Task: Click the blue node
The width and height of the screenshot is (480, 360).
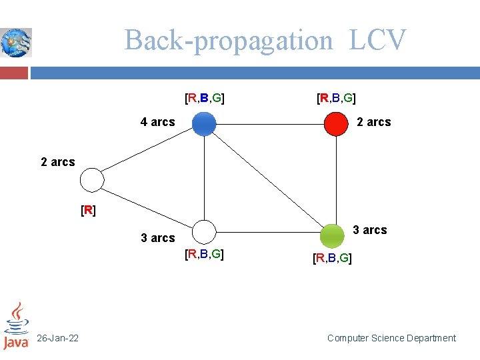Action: click(204, 124)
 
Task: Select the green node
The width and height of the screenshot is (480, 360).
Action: click(332, 235)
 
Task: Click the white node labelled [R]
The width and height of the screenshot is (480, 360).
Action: click(92, 180)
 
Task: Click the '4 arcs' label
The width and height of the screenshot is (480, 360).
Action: click(157, 122)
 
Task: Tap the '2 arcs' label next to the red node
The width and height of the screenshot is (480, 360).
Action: click(374, 122)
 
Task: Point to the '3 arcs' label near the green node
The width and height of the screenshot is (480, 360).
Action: click(369, 230)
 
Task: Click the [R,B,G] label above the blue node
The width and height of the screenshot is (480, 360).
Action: click(204, 99)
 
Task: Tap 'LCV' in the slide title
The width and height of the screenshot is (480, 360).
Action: click(377, 40)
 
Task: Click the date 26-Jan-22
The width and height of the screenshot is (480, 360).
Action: click(57, 338)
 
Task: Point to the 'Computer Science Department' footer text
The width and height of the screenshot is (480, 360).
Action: click(391, 338)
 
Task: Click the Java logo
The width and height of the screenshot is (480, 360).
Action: click(16, 326)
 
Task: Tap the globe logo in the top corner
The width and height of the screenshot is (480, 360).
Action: click(15, 42)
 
